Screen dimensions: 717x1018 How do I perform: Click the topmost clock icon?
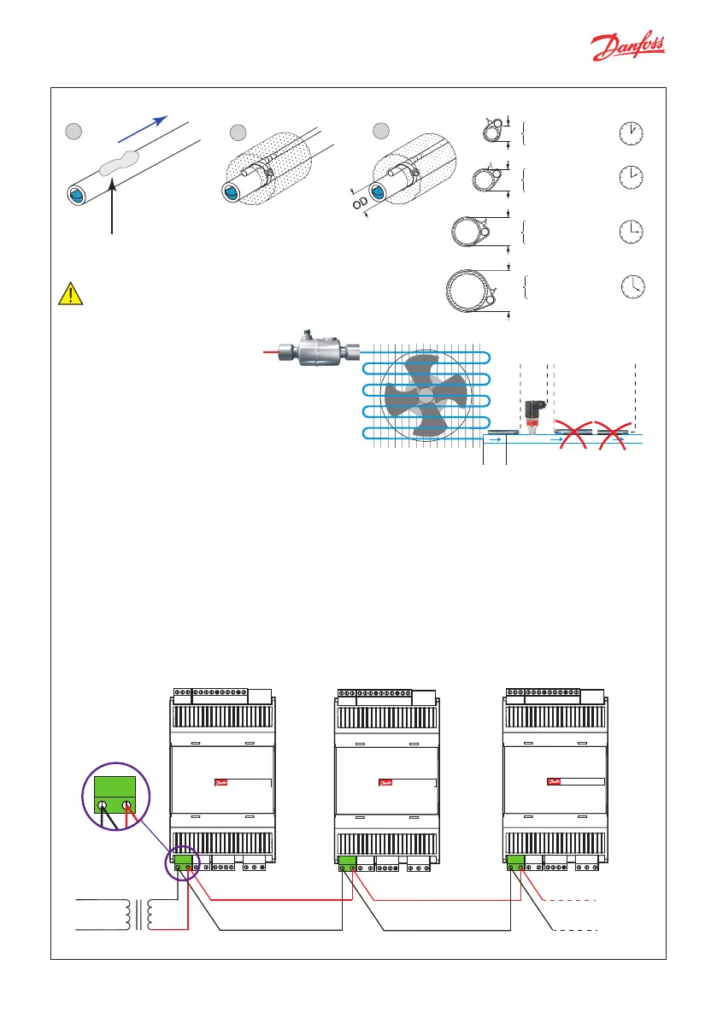point(630,132)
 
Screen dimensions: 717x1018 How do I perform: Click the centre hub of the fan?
point(425,395)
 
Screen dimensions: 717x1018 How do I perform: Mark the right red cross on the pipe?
point(613,433)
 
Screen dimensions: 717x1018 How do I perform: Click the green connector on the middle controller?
point(348,864)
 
